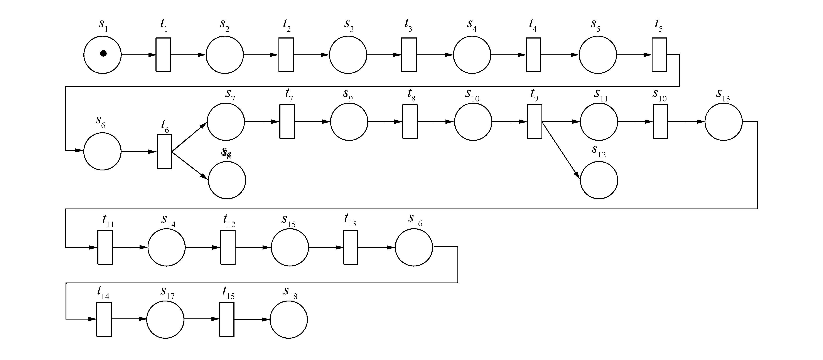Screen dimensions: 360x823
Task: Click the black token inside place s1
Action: [103, 53]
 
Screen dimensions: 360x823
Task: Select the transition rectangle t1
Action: [163, 55]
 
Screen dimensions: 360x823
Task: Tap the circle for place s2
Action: [225, 55]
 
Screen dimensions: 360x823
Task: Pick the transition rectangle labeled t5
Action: [659, 55]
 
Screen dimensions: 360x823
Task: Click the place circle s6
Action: [103, 151]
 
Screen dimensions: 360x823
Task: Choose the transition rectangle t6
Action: [164, 151]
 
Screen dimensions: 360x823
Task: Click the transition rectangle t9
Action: [535, 122]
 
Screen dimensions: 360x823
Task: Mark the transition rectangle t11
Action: [105, 247]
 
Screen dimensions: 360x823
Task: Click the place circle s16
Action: [414, 247]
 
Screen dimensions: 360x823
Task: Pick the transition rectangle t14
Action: [104, 319]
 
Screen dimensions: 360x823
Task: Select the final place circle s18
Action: [288, 320]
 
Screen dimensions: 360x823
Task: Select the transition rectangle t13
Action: [351, 247]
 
